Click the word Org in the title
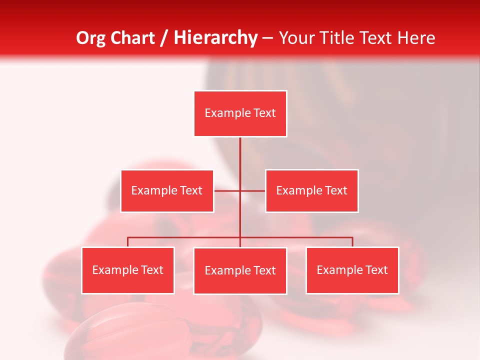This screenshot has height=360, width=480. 90,38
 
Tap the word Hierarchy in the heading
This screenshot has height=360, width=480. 215,38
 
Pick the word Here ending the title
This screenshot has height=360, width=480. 416,38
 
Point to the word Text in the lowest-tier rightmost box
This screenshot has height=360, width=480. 376,270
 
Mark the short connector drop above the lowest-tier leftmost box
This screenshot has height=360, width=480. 128,242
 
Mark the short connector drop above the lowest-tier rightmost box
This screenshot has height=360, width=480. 352,242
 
